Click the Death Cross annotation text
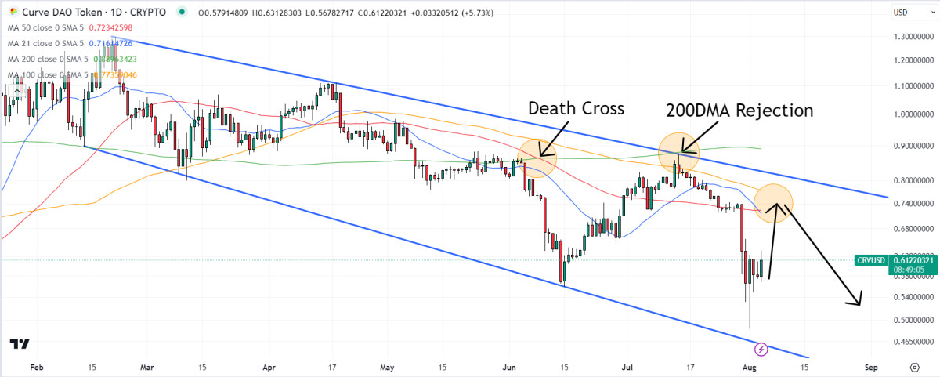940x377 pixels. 577,108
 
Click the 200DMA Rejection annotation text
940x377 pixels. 739,111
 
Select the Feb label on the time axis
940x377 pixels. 36,367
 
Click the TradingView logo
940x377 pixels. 20,344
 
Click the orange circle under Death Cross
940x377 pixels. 537,157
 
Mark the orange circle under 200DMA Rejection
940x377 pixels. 678,152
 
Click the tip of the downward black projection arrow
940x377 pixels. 860,304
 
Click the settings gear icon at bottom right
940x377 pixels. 914,367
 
